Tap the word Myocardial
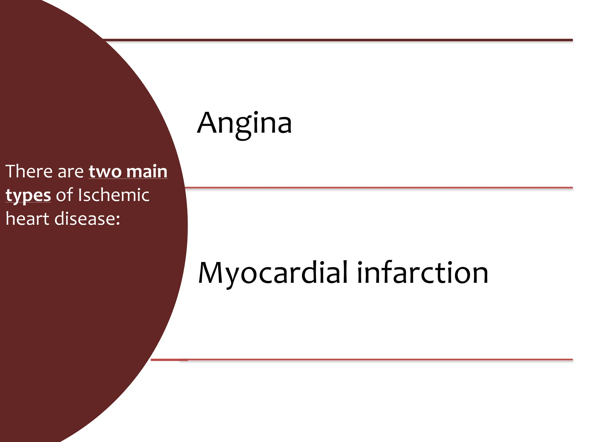(273, 273)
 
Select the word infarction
(422, 273)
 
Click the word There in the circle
(29, 172)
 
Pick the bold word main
(147, 172)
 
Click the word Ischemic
(114, 195)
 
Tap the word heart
(28, 219)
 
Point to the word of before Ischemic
(64, 195)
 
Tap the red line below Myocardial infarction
(374, 360)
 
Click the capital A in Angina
(206, 123)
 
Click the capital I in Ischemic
(80, 195)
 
